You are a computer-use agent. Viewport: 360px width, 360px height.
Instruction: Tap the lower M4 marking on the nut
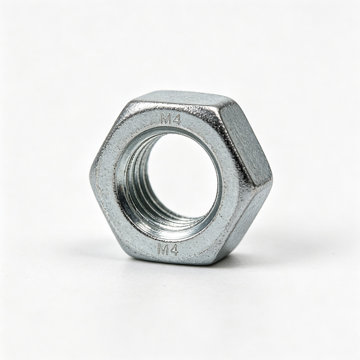(168, 250)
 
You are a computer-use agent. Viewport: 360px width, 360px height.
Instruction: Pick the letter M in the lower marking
(163, 250)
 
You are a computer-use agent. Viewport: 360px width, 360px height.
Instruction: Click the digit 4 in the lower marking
(174, 250)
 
